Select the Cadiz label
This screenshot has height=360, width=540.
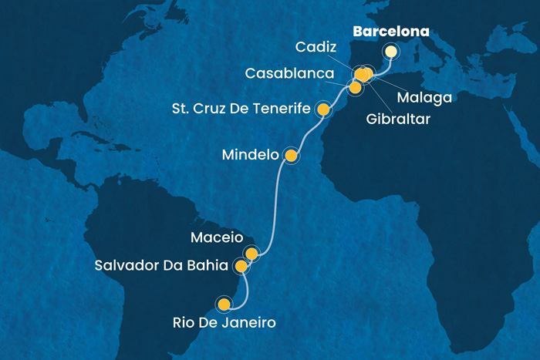coord(315,48)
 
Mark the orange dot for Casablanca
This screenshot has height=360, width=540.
coord(355,88)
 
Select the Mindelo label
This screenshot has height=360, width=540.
coord(249,155)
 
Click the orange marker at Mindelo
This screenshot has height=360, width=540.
coord(291,156)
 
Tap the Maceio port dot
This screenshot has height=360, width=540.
coord(251,253)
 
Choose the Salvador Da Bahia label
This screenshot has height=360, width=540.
coord(161,266)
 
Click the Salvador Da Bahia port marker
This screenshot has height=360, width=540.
coord(241,267)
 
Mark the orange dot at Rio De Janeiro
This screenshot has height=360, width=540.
coord(224,304)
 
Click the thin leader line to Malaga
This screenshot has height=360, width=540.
coord(393,84)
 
